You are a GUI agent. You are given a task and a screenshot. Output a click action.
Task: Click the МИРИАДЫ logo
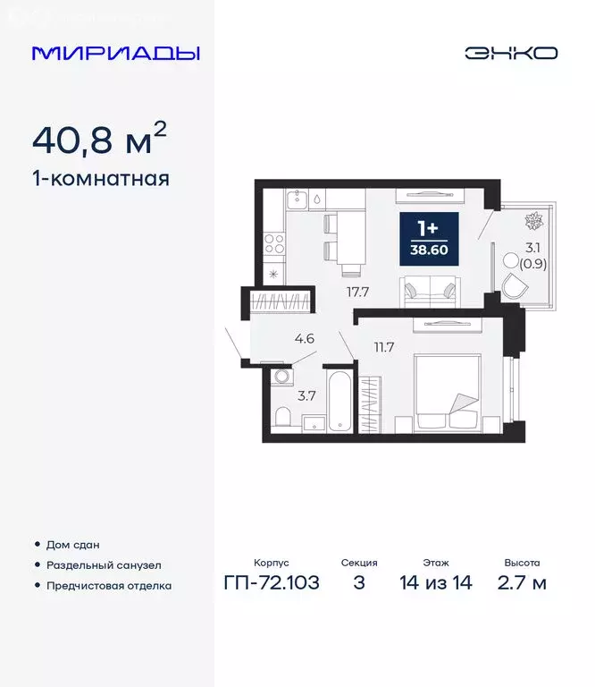coord(116,53)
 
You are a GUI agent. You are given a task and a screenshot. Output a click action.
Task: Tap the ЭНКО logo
coord(510,53)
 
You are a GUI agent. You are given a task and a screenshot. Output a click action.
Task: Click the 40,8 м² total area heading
coord(99,140)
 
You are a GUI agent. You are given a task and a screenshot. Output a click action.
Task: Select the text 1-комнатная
coord(100,178)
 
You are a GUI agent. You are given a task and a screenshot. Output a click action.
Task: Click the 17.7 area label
coord(359,291)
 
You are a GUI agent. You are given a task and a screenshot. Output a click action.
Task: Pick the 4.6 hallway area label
coord(304,339)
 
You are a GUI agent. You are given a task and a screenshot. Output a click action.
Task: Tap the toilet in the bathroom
coord(282,417)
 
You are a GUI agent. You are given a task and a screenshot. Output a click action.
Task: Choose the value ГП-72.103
coord(272,583)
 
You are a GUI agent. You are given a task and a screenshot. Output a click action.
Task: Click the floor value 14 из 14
coord(435,583)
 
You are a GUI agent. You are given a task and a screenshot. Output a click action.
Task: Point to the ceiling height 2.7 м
coord(522,583)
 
